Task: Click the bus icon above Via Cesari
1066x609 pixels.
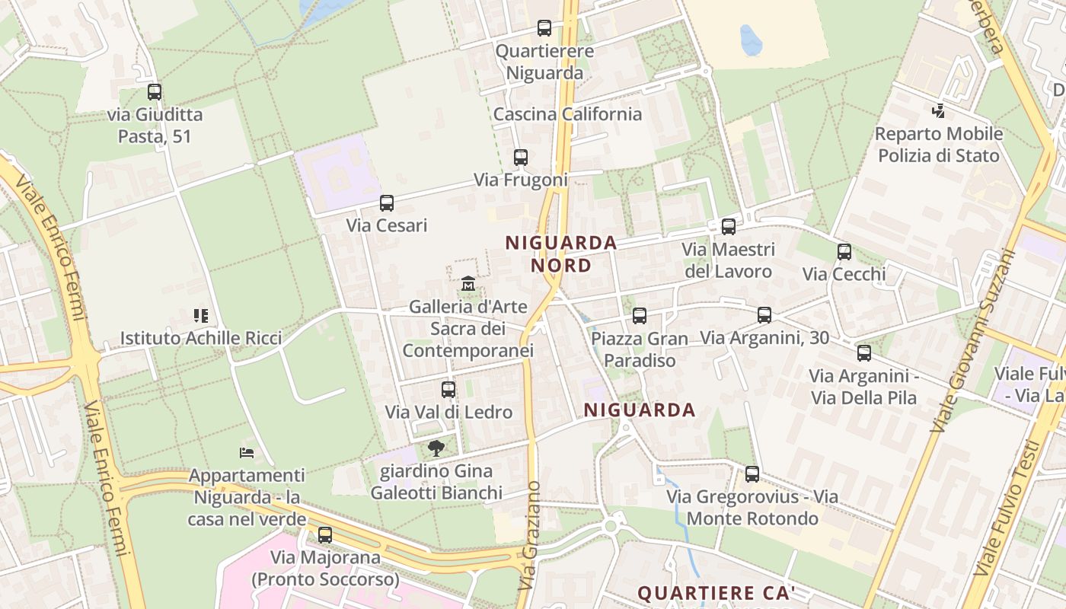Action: pos(387,203)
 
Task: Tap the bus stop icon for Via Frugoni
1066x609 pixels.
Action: pos(521,158)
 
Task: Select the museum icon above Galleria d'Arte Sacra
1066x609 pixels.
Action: pos(468,284)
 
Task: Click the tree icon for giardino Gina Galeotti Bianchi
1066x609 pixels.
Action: pos(436,448)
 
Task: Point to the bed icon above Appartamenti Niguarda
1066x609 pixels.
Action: pos(246,452)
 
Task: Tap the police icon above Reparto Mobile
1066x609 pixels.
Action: pos(938,110)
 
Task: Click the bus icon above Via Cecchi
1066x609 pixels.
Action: pos(844,252)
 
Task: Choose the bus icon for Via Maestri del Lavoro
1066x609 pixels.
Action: pos(729,226)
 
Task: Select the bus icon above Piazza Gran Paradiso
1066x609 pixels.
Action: pos(640,315)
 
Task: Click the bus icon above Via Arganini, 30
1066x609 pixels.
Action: pos(764,315)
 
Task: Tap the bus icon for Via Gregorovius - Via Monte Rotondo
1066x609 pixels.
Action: pos(752,474)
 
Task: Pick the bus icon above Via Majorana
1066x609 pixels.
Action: pos(325,534)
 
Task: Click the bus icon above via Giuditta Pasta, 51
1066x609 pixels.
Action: pos(155,92)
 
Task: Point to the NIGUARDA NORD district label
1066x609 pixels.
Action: pos(561,253)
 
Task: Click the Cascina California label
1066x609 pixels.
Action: pos(567,114)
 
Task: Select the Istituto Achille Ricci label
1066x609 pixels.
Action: pos(201,338)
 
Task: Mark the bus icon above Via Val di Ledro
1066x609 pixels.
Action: pos(448,390)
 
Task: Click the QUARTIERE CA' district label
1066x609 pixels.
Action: pos(716,593)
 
